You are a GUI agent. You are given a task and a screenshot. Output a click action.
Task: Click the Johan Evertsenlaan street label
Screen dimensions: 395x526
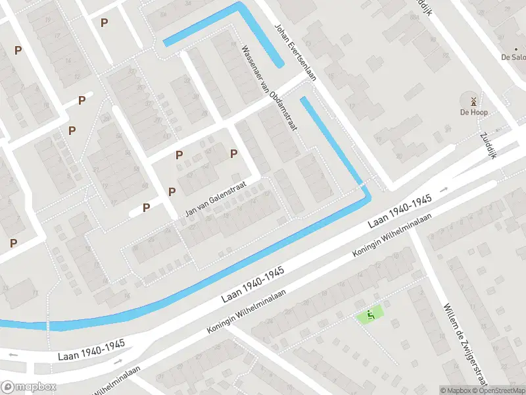[x=295, y=53]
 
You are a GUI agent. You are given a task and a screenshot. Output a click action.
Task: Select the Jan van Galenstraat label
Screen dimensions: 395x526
[x=210, y=200]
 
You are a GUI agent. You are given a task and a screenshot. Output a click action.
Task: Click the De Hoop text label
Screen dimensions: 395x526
[x=473, y=113]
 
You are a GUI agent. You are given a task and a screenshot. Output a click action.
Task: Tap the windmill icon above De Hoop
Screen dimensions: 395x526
[x=473, y=101]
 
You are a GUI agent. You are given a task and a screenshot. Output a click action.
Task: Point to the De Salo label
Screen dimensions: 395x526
[x=513, y=57]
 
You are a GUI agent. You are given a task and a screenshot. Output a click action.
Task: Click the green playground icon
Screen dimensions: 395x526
[x=370, y=315]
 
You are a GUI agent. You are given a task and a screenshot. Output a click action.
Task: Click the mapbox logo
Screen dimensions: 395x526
[x=29, y=387]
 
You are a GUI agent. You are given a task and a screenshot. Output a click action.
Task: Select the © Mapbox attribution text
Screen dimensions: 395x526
[x=455, y=390]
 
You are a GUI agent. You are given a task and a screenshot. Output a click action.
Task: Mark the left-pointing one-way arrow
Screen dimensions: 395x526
[x=12, y=355]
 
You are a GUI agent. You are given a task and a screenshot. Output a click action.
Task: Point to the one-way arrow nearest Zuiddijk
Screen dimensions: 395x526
[x=444, y=190]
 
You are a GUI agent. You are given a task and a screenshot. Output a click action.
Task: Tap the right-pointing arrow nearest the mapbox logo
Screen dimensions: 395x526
[x=118, y=361]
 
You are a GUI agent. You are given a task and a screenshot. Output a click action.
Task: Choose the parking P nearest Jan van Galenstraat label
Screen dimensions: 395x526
[x=172, y=192]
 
